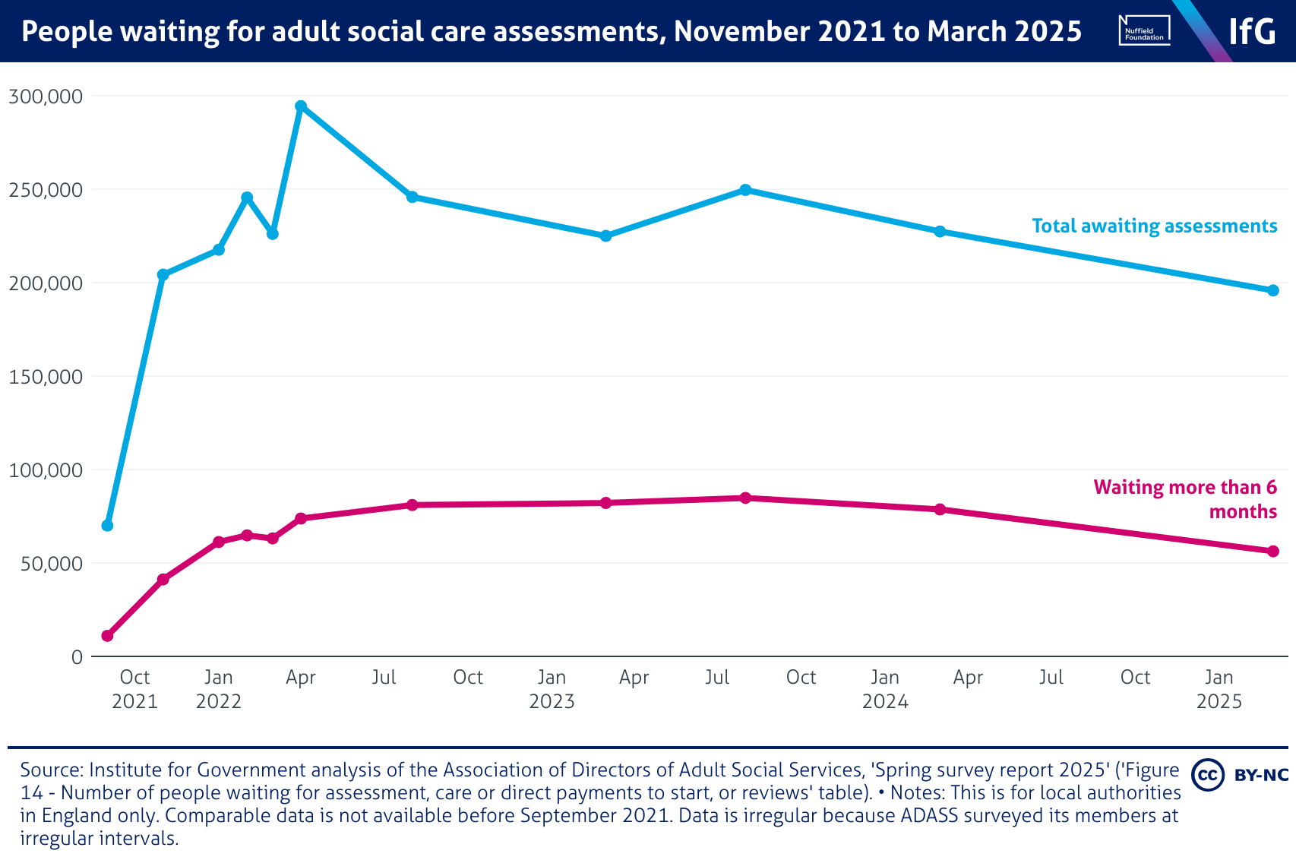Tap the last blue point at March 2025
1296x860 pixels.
pyautogui.click(x=1273, y=290)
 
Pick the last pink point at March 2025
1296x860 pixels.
pyautogui.click(x=1273, y=551)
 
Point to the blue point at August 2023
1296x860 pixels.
pyautogui.click(x=745, y=190)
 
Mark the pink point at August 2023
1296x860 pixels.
pyautogui.click(x=745, y=498)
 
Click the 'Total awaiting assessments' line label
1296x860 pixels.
pyautogui.click(x=1154, y=226)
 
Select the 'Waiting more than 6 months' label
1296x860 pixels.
pyautogui.click(x=1185, y=498)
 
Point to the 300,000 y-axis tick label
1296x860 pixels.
pyautogui.click(x=45, y=96)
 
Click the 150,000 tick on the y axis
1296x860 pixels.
pyautogui.click(x=45, y=377)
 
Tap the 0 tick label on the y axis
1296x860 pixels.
pyautogui.click(x=77, y=657)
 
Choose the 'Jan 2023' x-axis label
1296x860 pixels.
pyautogui.click(x=552, y=688)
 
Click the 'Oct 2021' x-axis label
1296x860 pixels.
pyautogui.click(x=134, y=688)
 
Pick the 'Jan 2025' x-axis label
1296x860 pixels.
pyautogui.click(x=1219, y=688)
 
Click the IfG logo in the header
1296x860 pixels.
pyautogui.click(x=1252, y=31)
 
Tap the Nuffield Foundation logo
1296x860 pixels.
pyautogui.click(x=1144, y=31)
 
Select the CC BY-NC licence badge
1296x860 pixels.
pyautogui.click(x=1240, y=774)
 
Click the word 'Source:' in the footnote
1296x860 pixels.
pyautogui.click(x=52, y=770)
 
